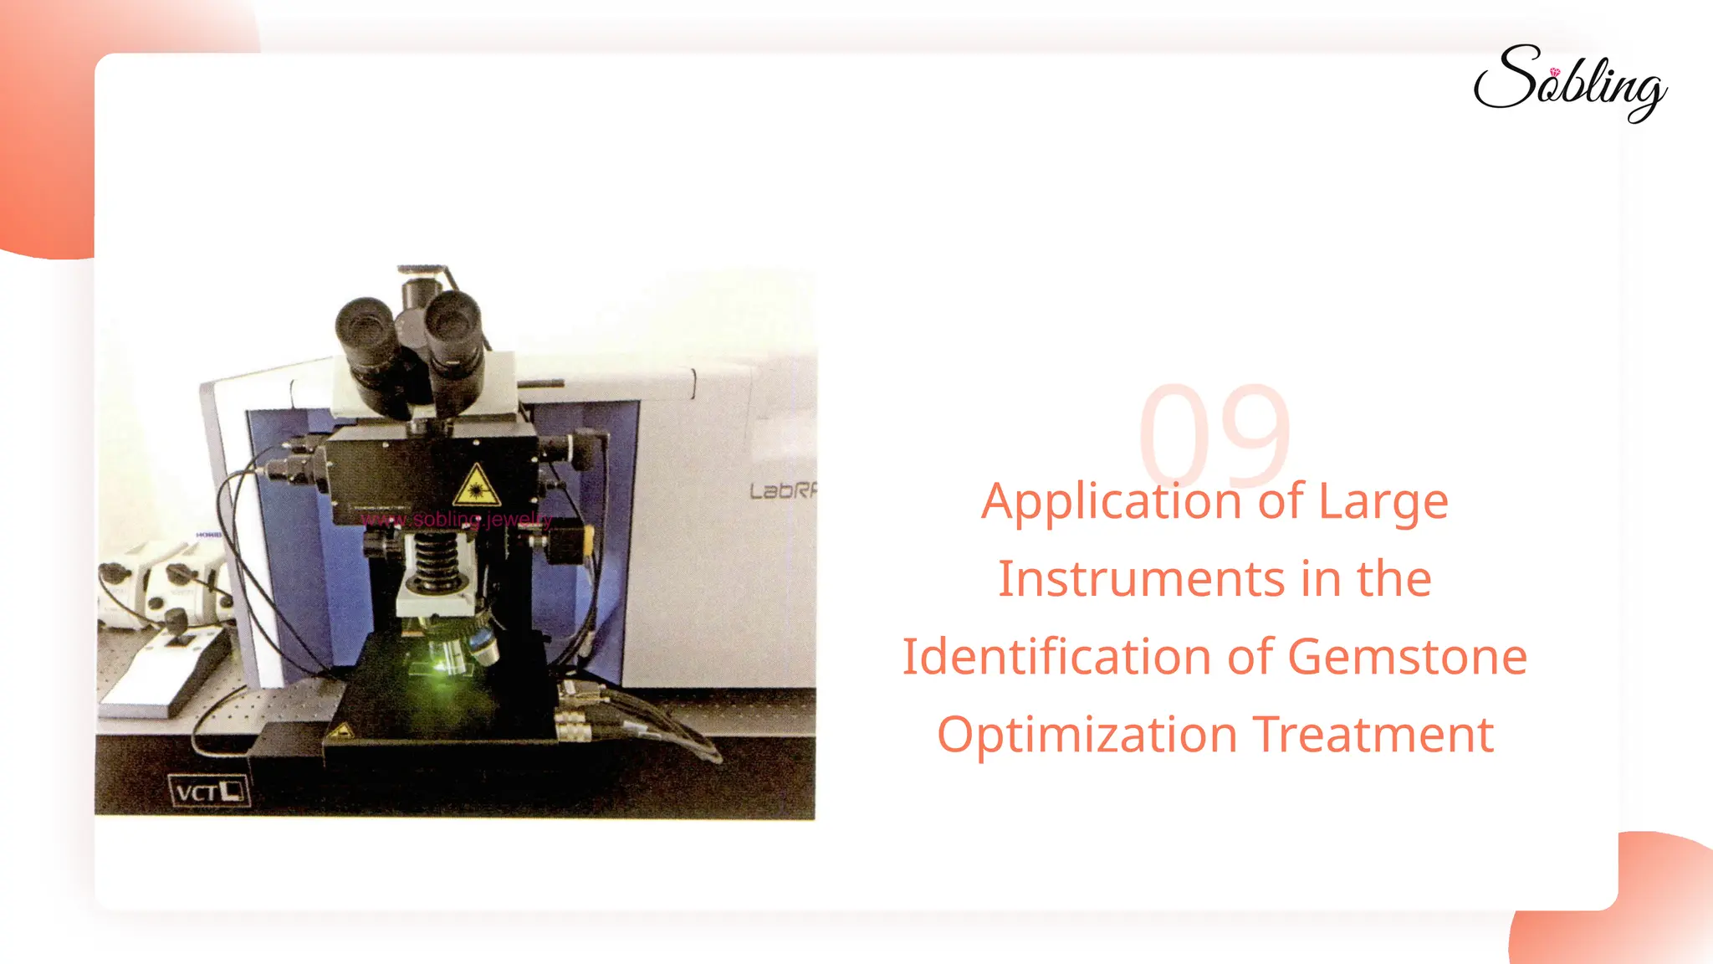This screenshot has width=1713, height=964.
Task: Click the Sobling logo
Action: [1570, 84]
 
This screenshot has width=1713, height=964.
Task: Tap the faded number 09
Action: [1214, 435]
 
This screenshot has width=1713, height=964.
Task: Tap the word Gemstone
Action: [1407, 657]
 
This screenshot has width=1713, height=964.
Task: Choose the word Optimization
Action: [1087, 735]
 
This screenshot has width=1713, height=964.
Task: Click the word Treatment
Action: [1373, 735]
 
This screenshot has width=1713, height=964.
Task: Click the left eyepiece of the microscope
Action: [366, 331]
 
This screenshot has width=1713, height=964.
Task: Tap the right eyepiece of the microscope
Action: [453, 322]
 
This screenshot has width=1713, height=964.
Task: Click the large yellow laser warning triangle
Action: [476, 486]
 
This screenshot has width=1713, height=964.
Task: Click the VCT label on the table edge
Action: [208, 791]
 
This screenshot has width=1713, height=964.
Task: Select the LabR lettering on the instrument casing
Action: [782, 490]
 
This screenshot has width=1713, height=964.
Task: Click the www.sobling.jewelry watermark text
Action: [456, 520]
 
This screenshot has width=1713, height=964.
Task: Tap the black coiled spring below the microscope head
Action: [437, 558]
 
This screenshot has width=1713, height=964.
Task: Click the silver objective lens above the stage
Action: [481, 644]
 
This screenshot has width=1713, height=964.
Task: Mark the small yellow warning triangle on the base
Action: [340, 733]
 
